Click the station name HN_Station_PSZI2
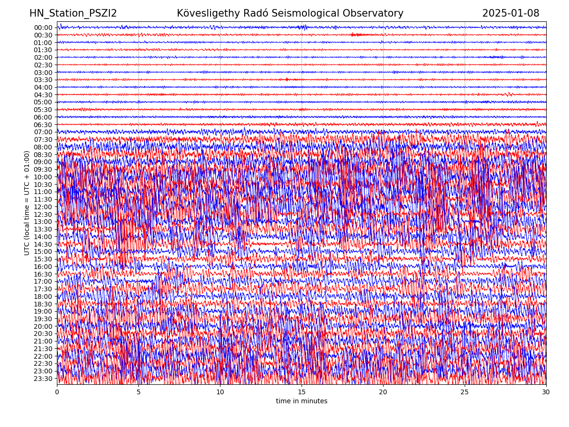[x=73, y=14]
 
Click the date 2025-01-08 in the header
[x=511, y=14]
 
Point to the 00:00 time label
[x=43, y=28]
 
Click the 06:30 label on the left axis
[x=43, y=125]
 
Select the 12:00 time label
[x=43, y=207]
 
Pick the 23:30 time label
[x=43, y=379]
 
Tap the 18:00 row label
[x=43, y=297]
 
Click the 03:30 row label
[x=43, y=80]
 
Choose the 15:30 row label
[x=43, y=259]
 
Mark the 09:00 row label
[x=43, y=162]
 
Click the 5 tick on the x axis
[x=138, y=392]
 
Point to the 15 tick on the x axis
[x=302, y=392]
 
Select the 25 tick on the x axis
[x=465, y=392]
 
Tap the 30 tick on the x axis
[x=546, y=392]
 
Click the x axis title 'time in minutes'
[x=302, y=401]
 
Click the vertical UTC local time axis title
[x=27, y=203]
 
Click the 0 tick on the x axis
[x=57, y=392]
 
